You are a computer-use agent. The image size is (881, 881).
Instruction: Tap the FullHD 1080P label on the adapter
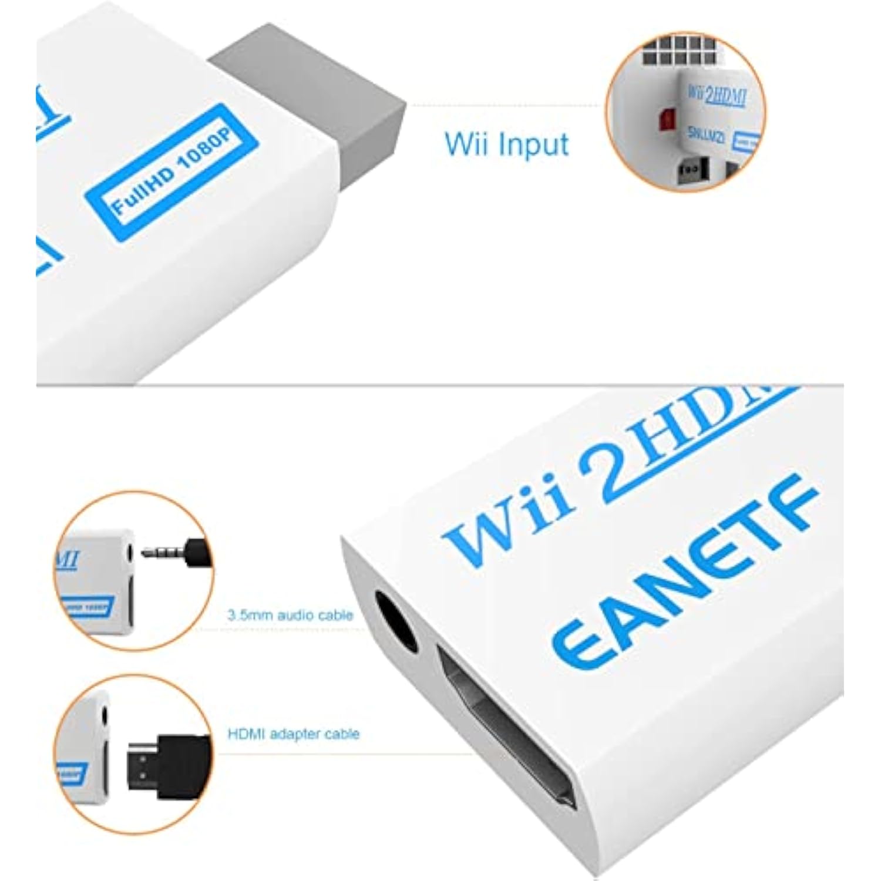[172, 172]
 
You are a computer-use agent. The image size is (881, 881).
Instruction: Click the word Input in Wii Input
[532, 144]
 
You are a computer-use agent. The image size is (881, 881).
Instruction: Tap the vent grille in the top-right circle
[675, 50]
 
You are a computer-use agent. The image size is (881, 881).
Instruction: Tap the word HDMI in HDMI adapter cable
[246, 734]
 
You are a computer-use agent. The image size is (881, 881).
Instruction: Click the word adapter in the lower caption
[294, 734]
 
